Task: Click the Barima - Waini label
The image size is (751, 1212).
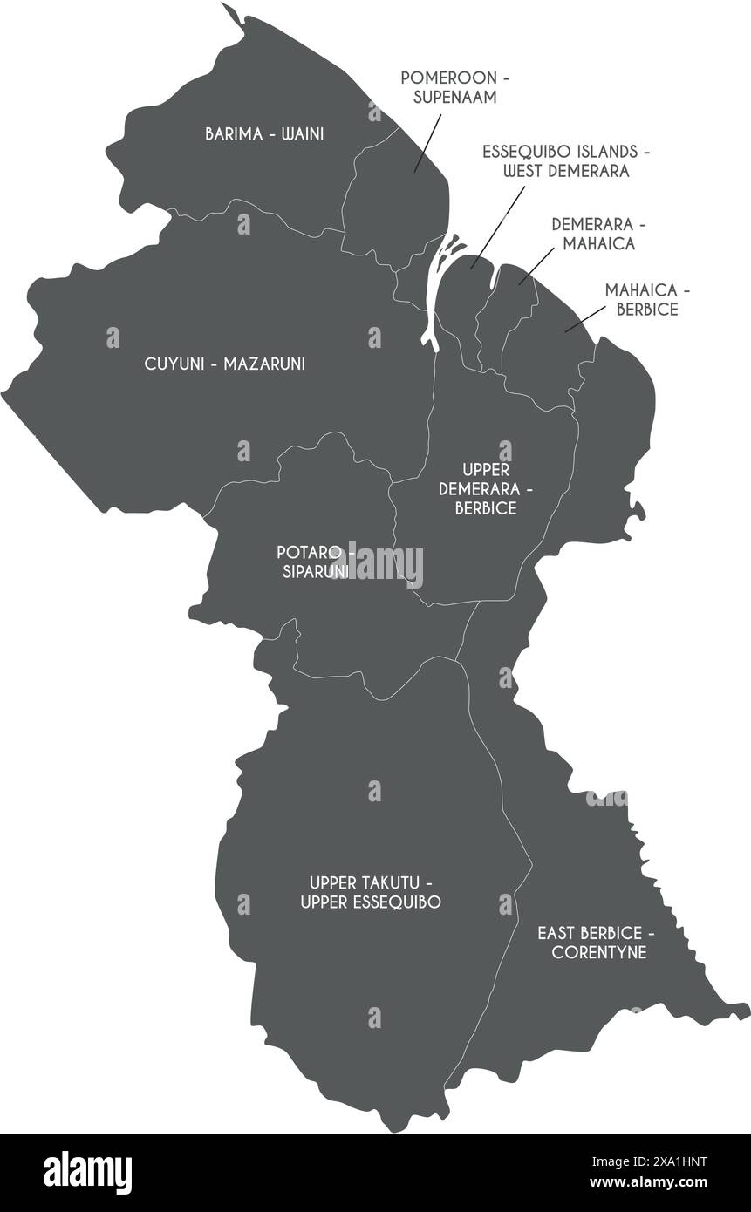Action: tap(264, 134)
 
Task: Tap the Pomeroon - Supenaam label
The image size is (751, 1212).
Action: tap(455, 87)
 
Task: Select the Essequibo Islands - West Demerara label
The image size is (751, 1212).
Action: tap(566, 161)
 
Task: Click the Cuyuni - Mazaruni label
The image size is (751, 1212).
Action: tap(225, 364)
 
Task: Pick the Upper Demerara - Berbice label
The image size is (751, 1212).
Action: tap(486, 489)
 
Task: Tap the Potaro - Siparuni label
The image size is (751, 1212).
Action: tap(315, 562)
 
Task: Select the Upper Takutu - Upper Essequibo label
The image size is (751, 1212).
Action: tap(370, 892)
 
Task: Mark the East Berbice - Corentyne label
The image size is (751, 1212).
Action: tap(596, 943)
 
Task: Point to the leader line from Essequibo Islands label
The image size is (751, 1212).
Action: tap(495, 225)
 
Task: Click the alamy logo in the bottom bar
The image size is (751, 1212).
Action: tap(87, 1171)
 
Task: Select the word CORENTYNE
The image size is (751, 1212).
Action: tap(599, 952)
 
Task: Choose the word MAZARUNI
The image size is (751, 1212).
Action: tap(264, 364)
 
